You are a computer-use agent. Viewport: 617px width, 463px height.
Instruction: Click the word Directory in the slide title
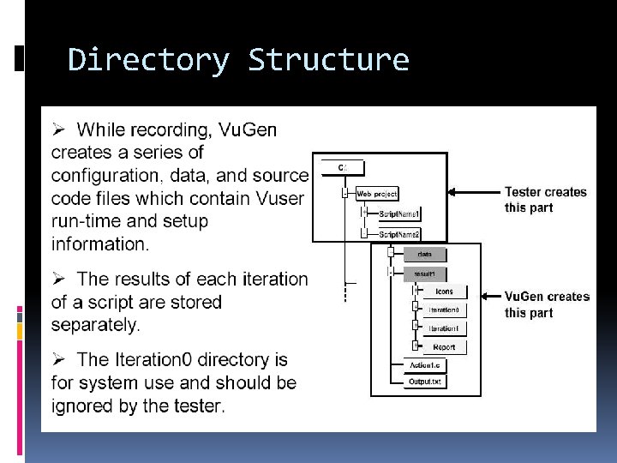pos(147,60)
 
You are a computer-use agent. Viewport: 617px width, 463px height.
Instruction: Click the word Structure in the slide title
pos(328,60)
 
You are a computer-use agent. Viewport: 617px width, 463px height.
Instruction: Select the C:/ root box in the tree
pos(343,166)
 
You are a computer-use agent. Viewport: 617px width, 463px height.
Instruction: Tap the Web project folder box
pos(376,195)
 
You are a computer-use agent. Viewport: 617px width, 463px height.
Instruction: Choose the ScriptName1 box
pos(398,213)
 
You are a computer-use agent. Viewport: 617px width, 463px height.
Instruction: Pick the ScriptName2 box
pos(398,234)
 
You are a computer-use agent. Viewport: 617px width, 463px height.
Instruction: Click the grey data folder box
pos(424,254)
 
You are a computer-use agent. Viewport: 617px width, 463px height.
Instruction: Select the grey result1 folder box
pos(424,274)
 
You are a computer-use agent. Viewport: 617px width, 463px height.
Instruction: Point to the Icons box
pos(444,292)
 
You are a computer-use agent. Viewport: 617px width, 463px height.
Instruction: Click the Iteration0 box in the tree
pos(444,310)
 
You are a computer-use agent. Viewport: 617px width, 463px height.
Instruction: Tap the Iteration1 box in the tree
pos(444,328)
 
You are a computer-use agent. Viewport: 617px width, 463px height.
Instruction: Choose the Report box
pos(444,347)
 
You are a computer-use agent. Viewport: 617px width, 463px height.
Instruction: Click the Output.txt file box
pos(426,382)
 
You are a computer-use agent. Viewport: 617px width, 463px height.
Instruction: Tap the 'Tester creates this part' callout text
pos(546,200)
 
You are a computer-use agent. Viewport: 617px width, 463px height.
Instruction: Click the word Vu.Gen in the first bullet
pos(248,130)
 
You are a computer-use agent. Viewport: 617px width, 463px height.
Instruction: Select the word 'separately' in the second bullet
pos(96,325)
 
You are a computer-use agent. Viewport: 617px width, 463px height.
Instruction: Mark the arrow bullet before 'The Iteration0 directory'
pos(59,360)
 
